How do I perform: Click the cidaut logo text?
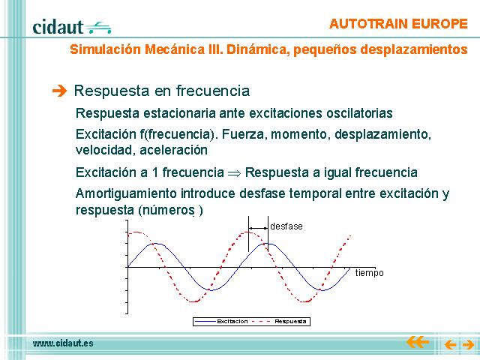tap(58, 27)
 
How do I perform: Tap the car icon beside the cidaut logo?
tap(98, 28)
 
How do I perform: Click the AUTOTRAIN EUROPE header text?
tap(398, 24)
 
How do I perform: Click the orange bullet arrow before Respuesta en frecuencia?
tap(59, 91)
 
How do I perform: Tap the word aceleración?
tap(173, 150)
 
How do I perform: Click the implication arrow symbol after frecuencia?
tap(235, 173)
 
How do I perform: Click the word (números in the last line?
tap(166, 210)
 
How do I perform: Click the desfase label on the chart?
tap(286, 226)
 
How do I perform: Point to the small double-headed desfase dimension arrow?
tap(258, 228)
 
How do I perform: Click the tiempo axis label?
tap(370, 273)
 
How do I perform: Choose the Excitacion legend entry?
tap(221, 322)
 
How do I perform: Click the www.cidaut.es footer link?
tap(63, 343)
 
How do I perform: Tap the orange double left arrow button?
tap(418, 342)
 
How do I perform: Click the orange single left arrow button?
tap(450, 345)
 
